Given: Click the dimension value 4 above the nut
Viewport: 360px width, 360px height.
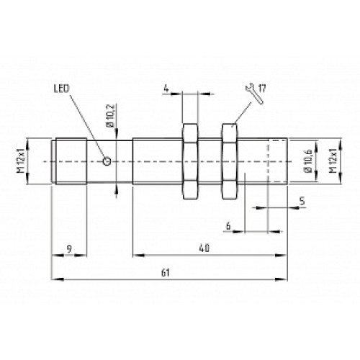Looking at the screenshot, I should [x=166, y=89].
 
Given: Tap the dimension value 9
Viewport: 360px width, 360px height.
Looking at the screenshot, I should [x=69, y=248].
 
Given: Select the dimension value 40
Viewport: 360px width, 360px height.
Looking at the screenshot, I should [x=204, y=248].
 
